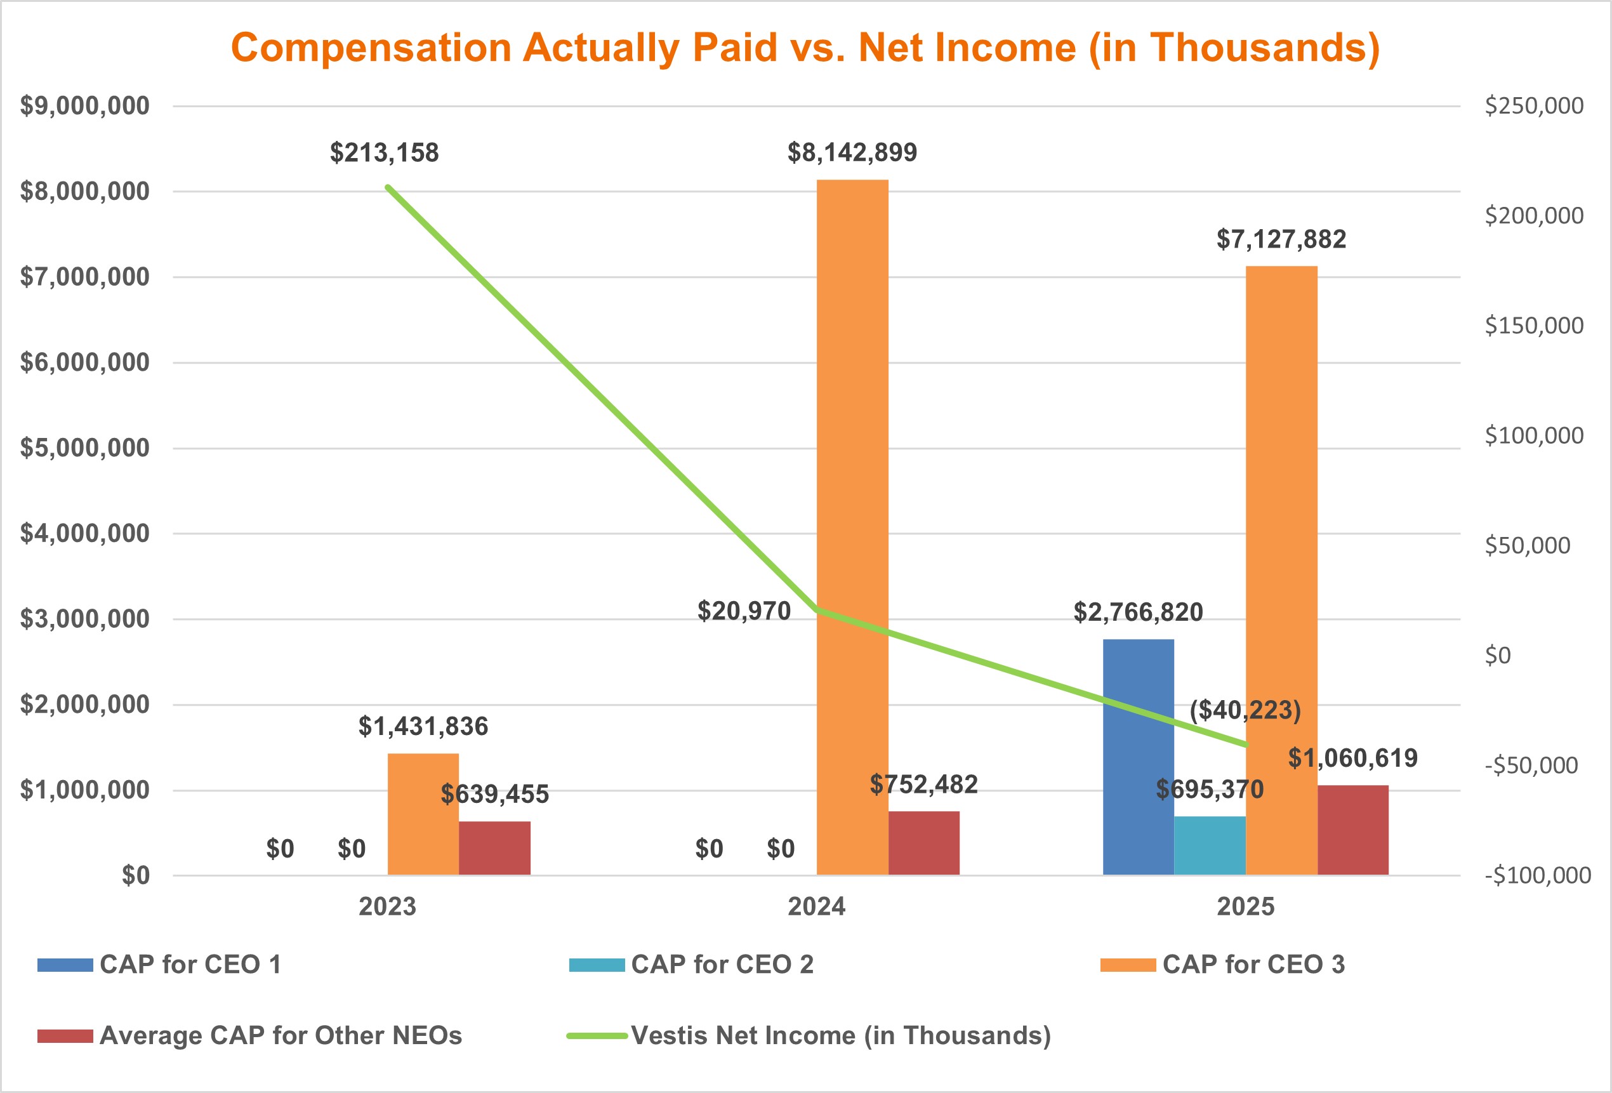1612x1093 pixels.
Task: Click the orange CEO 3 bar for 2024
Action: point(852,527)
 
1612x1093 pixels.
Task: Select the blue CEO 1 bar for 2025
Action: point(1139,756)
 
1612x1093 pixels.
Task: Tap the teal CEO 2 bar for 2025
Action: point(1210,845)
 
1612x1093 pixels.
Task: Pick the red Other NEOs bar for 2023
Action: point(494,847)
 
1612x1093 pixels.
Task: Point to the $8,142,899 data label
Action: point(852,152)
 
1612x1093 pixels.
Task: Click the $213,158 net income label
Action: point(384,152)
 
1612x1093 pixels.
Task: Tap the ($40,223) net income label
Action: point(1245,710)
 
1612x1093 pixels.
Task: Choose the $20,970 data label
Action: point(744,611)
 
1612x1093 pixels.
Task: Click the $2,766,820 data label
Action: point(1139,613)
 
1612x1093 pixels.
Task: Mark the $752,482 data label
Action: point(924,785)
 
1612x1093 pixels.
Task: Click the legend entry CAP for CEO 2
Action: point(722,965)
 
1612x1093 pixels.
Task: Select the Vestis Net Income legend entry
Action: point(841,1035)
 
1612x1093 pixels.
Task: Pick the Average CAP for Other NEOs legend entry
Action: point(281,1035)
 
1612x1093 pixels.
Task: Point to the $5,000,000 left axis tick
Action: point(84,448)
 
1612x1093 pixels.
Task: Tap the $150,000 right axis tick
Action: point(1533,325)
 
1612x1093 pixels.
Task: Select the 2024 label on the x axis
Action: point(816,906)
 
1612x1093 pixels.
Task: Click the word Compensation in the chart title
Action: point(371,48)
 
